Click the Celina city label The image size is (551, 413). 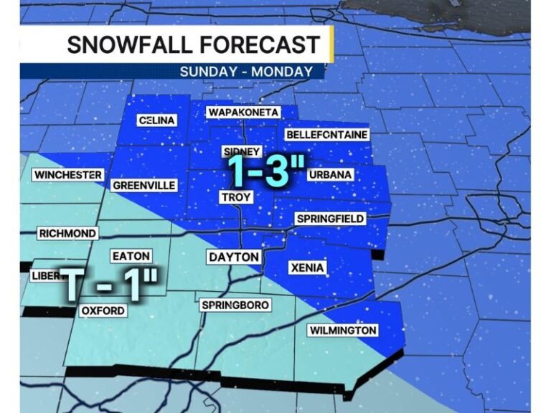[x=156, y=120]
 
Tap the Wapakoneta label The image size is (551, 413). [x=243, y=113]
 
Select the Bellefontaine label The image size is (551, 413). [x=326, y=135]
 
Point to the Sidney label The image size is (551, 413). [x=238, y=151]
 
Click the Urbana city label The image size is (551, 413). [x=330, y=175]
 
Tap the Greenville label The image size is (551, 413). [x=144, y=186]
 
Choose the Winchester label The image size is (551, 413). [x=68, y=175]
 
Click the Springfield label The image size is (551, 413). [x=330, y=218]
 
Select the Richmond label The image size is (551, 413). [x=67, y=233]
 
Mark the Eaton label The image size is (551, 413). [x=131, y=256]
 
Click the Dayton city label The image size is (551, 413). [x=233, y=257]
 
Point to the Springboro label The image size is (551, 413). [x=235, y=305]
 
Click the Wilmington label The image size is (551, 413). [x=342, y=331]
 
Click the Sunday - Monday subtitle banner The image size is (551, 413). [x=246, y=72]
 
